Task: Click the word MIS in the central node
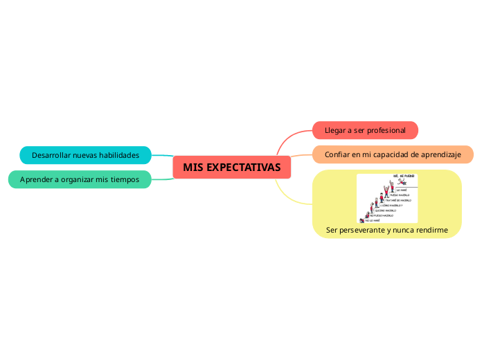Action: tap(193, 168)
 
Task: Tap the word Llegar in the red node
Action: tap(334, 130)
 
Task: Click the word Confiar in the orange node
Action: tap(337, 154)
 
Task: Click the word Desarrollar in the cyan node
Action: tap(51, 154)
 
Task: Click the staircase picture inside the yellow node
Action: tap(387, 199)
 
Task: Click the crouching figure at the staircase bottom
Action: tap(361, 219)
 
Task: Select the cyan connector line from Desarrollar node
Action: tap(162, 156)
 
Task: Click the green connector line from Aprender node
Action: tap(162, 179)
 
